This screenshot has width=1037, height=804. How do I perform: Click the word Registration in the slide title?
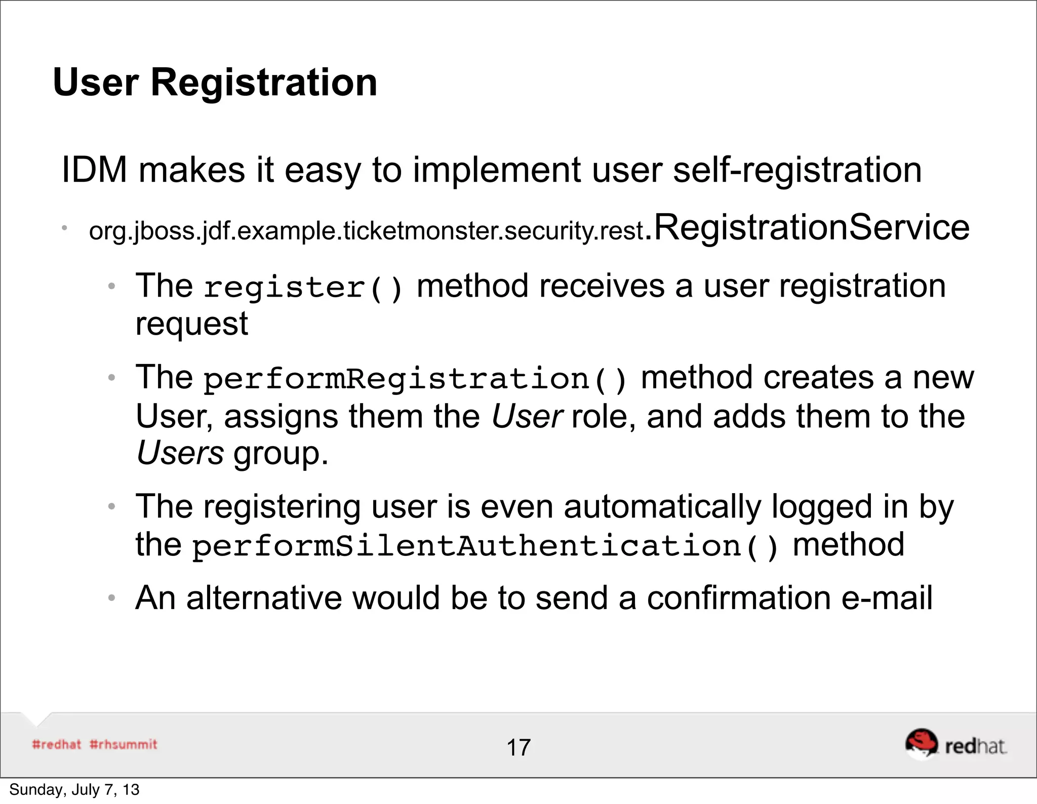pos(264,83)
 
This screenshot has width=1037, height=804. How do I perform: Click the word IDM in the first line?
pos(94,170)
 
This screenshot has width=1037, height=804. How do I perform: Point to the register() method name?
pos(303,288)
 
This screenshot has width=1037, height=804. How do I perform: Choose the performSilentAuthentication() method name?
pos(485,546)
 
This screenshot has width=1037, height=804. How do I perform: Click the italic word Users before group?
pos(180,453)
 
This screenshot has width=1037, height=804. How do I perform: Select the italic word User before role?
pos(527,416)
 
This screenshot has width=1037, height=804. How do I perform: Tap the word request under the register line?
pos(192,324)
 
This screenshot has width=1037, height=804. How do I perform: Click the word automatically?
pos(662,506)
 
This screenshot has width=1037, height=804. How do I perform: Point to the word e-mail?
pos(887,598)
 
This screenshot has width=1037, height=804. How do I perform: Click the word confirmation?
pos(739,598)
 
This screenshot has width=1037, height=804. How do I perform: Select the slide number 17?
pos(518,748)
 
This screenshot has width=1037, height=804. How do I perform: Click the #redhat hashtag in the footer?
pos(56,744)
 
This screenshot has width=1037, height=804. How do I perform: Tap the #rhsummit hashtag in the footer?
pos(124,744)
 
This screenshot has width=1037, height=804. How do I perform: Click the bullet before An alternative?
pos(112,598)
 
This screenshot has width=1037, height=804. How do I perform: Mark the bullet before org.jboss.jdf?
pos(65,228)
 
